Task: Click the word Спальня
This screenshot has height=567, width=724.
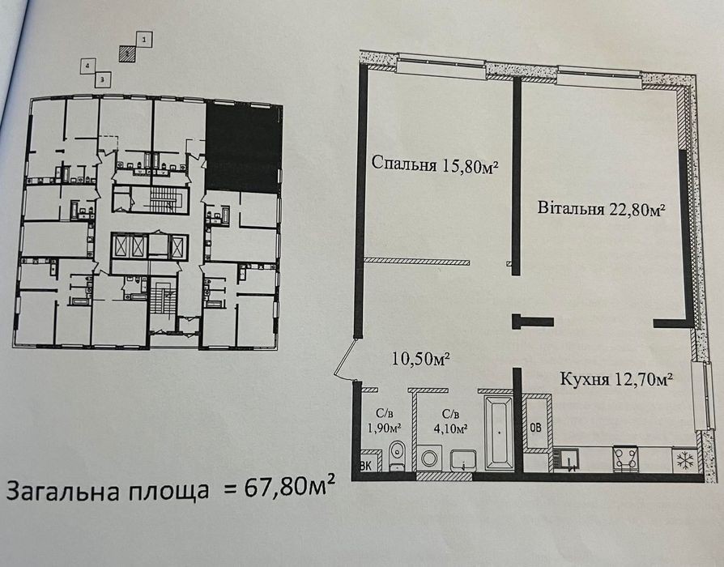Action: [403, 164]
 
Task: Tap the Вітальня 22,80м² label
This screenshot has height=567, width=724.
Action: [601, 209]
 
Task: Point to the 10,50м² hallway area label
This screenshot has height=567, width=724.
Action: [421, 359]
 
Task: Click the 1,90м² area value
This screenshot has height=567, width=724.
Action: [384, 428]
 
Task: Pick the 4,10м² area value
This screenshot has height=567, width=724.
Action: [450, 428]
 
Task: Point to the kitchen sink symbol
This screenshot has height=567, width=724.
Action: [567, 460]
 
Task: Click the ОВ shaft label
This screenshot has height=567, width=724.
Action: [535, 428]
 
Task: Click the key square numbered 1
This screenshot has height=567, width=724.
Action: [144, 40]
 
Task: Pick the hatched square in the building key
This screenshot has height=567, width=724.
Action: [128, 54]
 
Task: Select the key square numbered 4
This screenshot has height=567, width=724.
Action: [87, 66]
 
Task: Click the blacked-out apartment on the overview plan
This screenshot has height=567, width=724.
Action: [243, 147]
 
